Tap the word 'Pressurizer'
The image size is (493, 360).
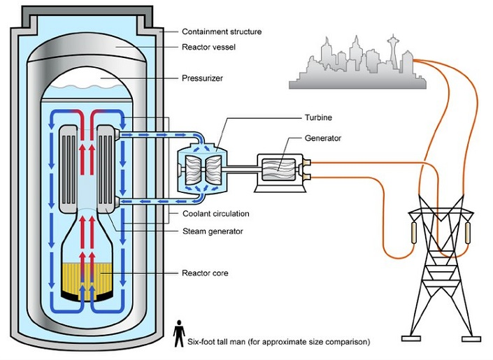[x=202, y=79]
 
